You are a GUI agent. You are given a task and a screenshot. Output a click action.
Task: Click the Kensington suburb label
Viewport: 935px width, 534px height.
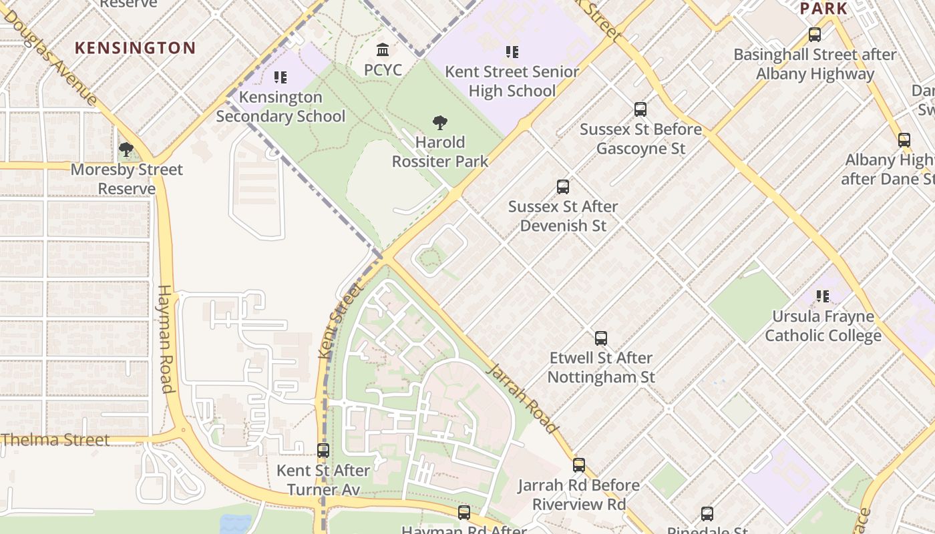coord(135,48)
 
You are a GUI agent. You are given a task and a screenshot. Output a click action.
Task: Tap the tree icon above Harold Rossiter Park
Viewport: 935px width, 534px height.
coord(439,123)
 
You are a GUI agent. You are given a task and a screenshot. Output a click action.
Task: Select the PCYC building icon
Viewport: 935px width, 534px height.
coord(383,50)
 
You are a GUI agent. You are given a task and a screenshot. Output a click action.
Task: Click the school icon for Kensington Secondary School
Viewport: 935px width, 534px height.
coord(280,77)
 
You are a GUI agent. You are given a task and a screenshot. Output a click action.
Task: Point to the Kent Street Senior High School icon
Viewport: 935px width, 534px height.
coord(512,52)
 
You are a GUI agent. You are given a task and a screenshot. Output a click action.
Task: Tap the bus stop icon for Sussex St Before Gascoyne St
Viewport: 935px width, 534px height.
coord(640,109)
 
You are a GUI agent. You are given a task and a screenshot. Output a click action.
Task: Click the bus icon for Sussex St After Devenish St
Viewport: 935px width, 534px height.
coord(563,187)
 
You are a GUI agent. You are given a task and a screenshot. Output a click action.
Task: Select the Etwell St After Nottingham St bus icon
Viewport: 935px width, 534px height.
coord(601,338)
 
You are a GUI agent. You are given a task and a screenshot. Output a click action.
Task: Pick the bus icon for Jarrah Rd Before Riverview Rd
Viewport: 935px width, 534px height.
coord(579,465)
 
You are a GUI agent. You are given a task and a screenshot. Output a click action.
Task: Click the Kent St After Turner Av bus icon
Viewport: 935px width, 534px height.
coord(323,451)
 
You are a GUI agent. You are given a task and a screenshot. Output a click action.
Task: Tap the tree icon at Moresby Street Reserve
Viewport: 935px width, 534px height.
coord(126,150)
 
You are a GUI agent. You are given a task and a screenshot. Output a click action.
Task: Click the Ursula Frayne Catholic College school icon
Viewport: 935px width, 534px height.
coord(822,296)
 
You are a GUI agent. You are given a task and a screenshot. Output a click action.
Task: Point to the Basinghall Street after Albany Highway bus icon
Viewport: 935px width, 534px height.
coord(814,35)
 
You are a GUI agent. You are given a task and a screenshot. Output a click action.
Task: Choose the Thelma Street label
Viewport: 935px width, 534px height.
coord(55,440)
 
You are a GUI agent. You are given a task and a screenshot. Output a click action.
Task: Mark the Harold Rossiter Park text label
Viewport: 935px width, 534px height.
coord(439,152)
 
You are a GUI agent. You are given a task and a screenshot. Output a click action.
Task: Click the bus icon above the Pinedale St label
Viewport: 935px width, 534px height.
coord(707,514)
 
